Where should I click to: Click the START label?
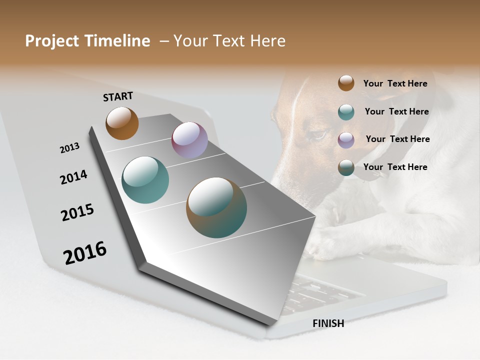pyautogui.click(x=118, y=96)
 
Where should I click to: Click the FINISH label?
pyautogui.click(x=328, y=323)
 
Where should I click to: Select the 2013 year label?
pyautogui.click(x=69, y=148)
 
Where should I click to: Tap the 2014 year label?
pyautogui.click(x=73, y=177)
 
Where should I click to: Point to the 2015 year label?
pyautogui.click(x=77, y=212)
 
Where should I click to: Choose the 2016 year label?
pyautogui.click(x=85, y=252)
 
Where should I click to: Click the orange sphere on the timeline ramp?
pyautogui.click(x=122, y=123)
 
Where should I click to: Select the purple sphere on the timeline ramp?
pyautogui.click(x=189, y=140)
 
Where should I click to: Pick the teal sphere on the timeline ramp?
pyautogui.click(x=145, y=180)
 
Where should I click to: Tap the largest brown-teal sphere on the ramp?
pyautogui.click(x=216, y=207)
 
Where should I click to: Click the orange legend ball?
pyautogui.click(x=346, y=83)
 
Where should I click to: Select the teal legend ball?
pyautogui.click(x=346, y=112)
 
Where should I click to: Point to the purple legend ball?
pyautogui.click(x=346, y=139)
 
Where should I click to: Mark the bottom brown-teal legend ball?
pyautogui.click(x=346, y=167)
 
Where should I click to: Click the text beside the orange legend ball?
pyautogui.click(x=395, y=83)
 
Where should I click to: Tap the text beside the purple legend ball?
pyautogui.click(x=397, y=139)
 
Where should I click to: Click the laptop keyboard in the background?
pyautogui.click(x=320, y=292)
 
